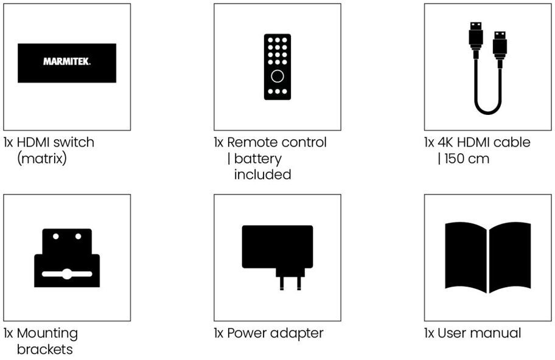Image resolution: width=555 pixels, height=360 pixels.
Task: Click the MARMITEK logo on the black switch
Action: coord(67,62)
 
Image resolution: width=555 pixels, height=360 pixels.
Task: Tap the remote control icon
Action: coord(277,67)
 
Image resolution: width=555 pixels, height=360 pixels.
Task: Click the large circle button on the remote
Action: coord(277,76)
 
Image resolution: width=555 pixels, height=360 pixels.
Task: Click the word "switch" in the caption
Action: coord(74,142)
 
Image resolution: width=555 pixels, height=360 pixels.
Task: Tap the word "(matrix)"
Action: coord(41,159)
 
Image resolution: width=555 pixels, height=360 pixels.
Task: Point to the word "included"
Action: coord(262,175)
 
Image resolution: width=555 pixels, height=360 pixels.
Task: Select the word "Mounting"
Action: coord(47,333)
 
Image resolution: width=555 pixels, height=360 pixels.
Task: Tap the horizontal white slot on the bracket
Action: coord(67,274)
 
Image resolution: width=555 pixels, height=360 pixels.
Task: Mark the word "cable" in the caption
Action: coord(512,142)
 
